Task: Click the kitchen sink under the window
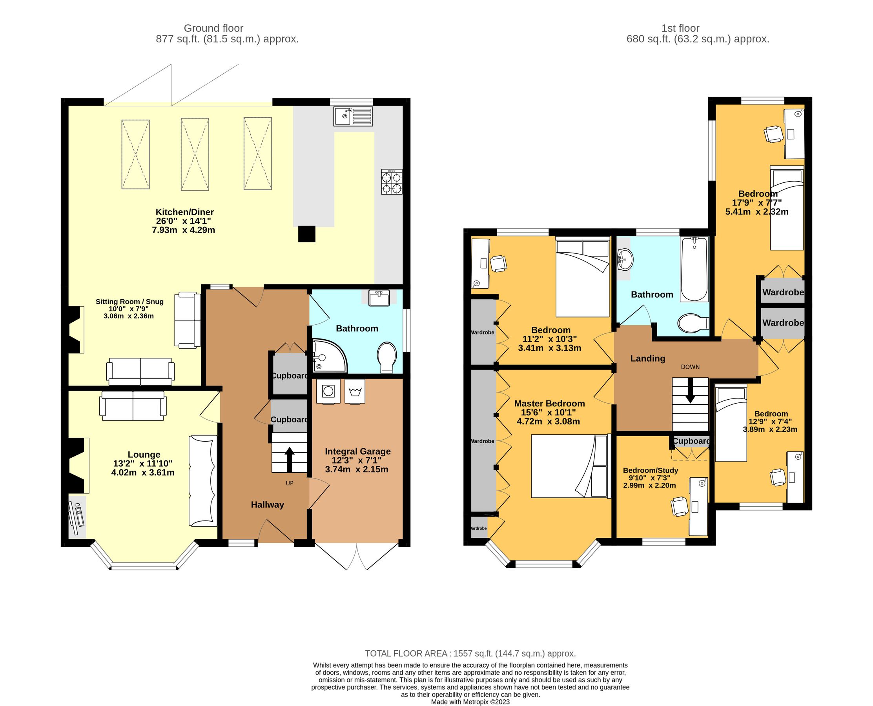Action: click(353, 116)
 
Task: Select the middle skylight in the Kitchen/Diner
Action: click(195, 154)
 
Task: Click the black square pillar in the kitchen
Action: click(307, 234)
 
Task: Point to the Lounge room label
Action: click(144, 455)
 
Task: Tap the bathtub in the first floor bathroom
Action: click(694, 269)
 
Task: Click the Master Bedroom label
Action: click(549, 404)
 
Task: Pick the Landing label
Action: click(648, 358)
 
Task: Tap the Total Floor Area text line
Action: click(470, 653)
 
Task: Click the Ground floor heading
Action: click(213, 28)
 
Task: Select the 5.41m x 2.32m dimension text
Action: click(756, 211)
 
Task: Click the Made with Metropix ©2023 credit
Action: click(470, 702)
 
